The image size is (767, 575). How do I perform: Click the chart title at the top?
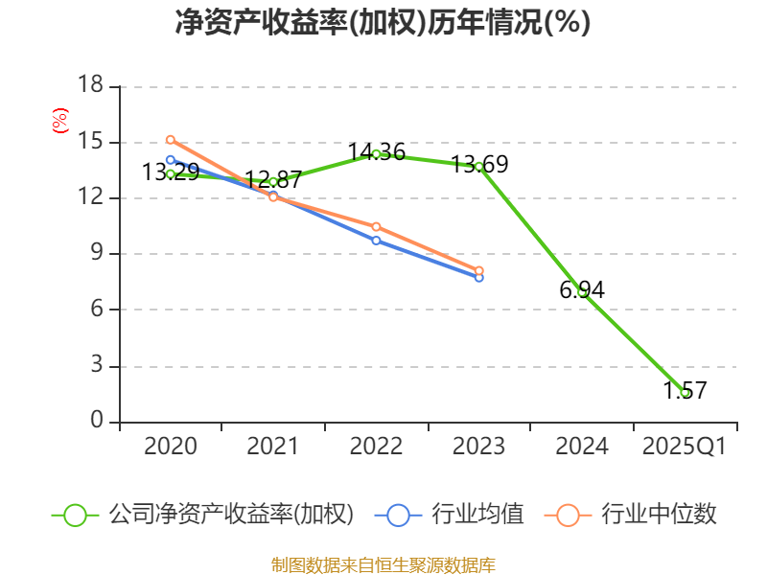(383, 23)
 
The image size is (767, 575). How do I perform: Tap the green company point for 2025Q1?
(685, 392)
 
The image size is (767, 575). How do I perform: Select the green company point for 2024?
(582, 292)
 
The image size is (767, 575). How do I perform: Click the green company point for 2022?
(376, 153)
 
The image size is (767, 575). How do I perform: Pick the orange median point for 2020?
(171, 140)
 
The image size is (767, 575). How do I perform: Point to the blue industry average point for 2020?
(171, 160)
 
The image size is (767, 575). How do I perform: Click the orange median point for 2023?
(478, 270)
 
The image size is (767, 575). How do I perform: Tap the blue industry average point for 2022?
(376, 241)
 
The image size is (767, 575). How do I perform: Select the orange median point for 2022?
(376, 227)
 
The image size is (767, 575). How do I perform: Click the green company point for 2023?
(478, 167)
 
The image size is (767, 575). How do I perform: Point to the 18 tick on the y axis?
(90, 86)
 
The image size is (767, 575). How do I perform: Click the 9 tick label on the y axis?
(97, 254)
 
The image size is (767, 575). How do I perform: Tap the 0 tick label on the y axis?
(97, 422)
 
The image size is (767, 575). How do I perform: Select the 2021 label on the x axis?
(272, 447)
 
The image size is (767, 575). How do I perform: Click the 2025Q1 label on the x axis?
(684, 447)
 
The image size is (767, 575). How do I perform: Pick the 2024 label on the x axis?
(581, 447)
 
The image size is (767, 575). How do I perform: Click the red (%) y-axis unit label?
(60, 122)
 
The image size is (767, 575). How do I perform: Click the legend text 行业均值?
(477, 515)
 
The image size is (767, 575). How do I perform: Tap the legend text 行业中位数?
(659, 515)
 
